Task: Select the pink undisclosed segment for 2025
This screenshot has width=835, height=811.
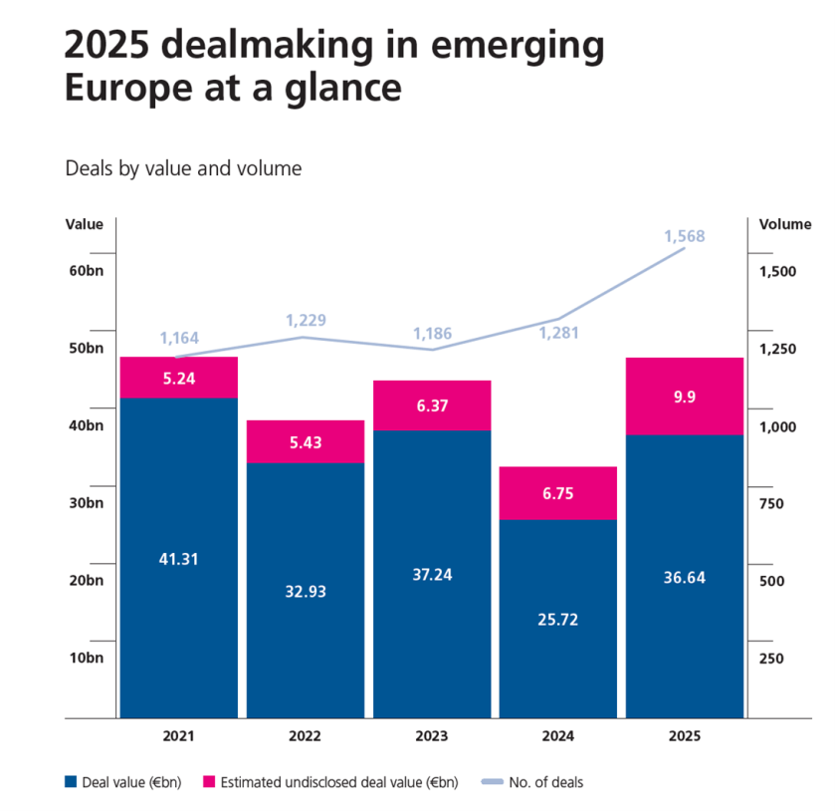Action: tap(685, 397)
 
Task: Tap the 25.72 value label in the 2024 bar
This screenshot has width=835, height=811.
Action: tap(558, 619)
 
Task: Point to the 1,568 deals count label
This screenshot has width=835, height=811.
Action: tap(685, 236)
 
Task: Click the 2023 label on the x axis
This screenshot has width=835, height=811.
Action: tap(432, 736)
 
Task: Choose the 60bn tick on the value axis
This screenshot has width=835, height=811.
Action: tap(85, 271)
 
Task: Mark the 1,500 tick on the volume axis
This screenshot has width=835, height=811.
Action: tap(777, 271)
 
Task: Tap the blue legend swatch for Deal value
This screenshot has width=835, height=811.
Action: tap(71, 782)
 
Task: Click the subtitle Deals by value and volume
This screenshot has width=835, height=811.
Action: tap(183, 168)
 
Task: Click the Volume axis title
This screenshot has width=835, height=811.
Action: tap(784, 224)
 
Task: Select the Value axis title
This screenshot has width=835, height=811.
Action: tap(85, 224)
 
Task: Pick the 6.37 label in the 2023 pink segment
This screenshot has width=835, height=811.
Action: tap(432, 405)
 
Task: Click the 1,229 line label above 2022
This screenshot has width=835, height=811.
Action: tap(306, 320)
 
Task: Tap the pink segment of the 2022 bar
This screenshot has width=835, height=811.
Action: tap(306, 441)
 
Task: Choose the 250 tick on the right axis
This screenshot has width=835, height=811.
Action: tap(772, 658)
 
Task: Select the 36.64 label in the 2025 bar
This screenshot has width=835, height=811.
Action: tap(685, 577)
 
